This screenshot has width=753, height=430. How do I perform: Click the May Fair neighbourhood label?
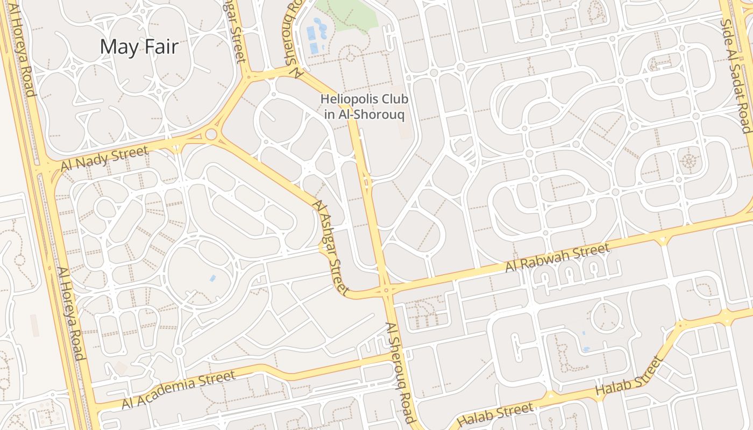pyautogui.click(x=139, y=47)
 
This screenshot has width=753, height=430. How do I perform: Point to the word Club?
pyautogui.click(x=394, y=99)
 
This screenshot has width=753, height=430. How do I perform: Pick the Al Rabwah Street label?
pyautogui.click(x=558, y=257)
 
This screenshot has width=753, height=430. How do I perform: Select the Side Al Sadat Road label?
pyautogui.click(x=735, y=75)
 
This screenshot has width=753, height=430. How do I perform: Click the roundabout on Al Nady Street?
pyautogui.click(x=211, y=134)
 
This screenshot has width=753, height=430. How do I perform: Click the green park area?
pyautogui.click(x=347, y=13)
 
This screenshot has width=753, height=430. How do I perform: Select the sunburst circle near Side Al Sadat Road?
pyautogui.click(x=687, y=160)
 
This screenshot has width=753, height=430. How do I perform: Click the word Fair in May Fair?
pyautogui.click(x=159, y=47)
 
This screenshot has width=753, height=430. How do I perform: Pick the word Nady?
pyautogui.click(x=90, y=162)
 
